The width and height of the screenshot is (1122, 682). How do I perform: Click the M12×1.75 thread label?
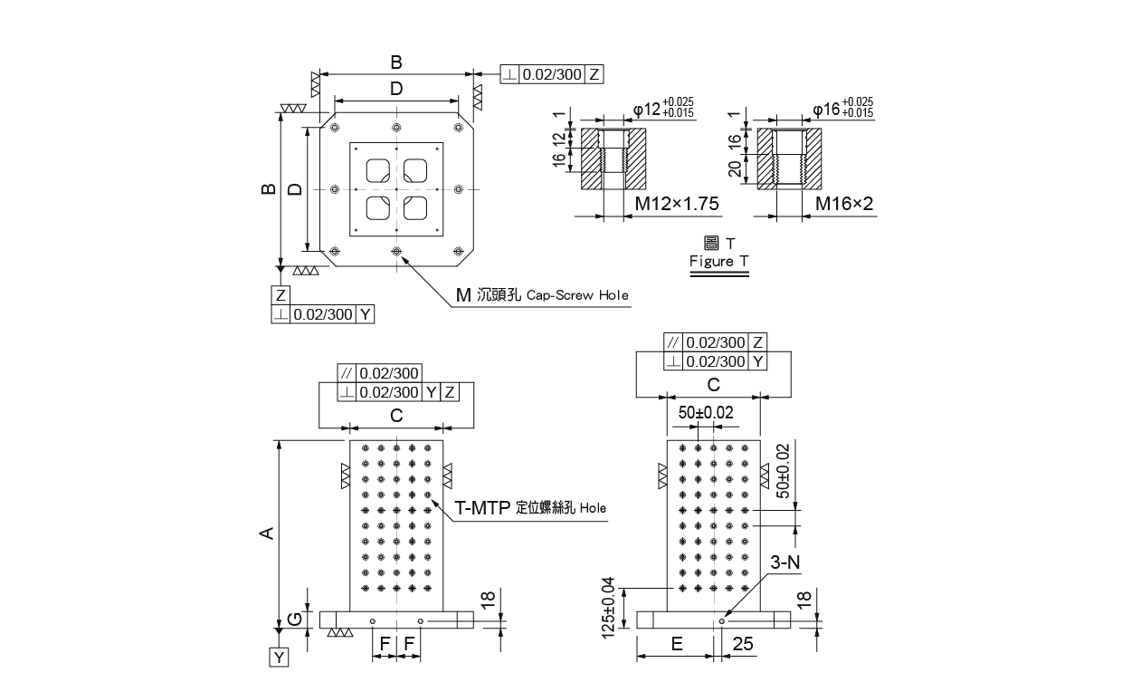676,205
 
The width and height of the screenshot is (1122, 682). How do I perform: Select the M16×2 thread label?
843,205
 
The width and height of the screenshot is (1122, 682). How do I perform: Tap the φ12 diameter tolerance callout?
663,108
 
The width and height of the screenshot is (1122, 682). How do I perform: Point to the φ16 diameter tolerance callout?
842,108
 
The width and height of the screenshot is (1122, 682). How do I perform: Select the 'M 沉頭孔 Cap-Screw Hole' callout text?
541,295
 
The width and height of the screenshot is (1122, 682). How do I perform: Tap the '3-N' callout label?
784,562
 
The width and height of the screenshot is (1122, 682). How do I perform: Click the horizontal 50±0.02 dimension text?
707,413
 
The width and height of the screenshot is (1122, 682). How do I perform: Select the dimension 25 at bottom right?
743,644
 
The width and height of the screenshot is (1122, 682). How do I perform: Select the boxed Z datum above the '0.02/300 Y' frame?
280,295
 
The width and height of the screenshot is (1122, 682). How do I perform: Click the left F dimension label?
384,644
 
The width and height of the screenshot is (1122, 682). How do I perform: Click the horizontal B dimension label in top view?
395,62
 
